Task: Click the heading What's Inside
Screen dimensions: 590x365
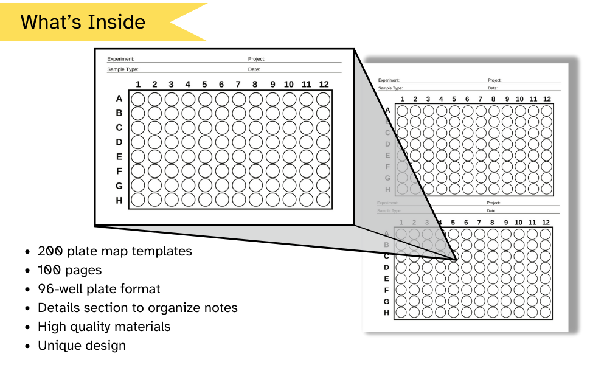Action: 83,23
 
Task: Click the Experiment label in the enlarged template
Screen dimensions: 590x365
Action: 120,59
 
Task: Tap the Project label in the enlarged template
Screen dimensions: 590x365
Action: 257,59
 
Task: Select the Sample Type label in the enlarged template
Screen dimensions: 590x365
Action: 123,69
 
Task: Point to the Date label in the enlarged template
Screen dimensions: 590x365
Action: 254,69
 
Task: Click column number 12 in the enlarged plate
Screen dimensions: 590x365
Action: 324,85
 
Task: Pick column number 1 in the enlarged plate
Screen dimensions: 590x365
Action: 138,85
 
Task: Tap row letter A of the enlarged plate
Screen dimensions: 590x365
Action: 119,99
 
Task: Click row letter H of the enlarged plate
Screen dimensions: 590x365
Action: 119,200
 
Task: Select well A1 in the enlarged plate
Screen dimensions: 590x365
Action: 138,99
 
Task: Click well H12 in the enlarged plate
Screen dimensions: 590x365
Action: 324,200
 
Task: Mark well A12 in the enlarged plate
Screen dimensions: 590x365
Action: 324,99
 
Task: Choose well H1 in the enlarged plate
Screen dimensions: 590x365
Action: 138,200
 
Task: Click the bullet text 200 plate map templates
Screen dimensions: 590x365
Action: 114,251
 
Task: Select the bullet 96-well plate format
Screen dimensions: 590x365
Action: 99,289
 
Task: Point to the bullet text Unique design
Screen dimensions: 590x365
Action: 82,346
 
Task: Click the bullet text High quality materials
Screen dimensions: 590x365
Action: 104,327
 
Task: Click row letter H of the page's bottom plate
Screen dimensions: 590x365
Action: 386,313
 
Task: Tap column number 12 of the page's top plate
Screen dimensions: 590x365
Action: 547,99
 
